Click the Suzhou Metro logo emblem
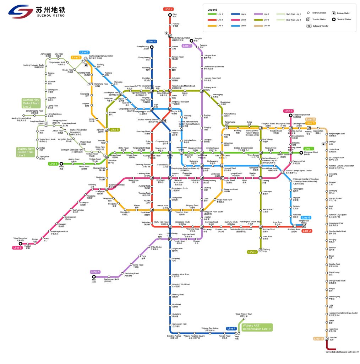21,12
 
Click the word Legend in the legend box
213,9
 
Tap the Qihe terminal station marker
170,15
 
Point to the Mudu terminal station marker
61,164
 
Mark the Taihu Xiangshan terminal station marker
20,243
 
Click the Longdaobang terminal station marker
152,47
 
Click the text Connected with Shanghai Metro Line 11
342,352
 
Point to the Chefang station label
266,250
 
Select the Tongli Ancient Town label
244,315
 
